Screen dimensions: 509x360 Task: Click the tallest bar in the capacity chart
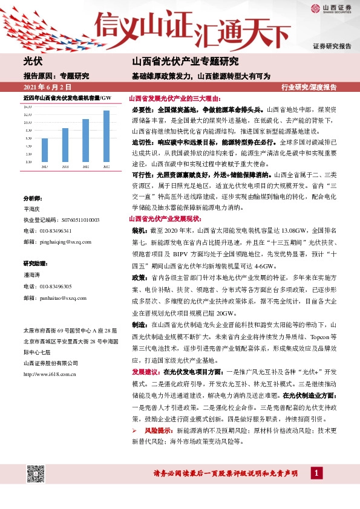pyautogui.click(x=106, y=136)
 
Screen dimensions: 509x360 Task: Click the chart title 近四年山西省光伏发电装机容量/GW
pyautogui.click(x=67, y=98)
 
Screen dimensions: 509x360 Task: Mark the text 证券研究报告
pyautogui.click(x=332, y=46)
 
